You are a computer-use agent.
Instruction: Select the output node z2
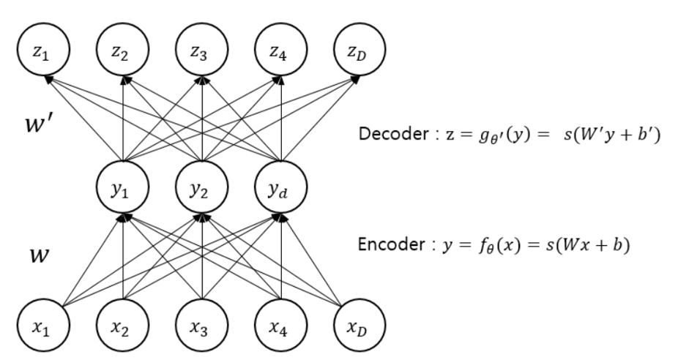(122, 53)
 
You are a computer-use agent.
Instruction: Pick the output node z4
(279, 53)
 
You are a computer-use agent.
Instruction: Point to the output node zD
(357, 53)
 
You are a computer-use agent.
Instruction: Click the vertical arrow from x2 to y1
(122, 256)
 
